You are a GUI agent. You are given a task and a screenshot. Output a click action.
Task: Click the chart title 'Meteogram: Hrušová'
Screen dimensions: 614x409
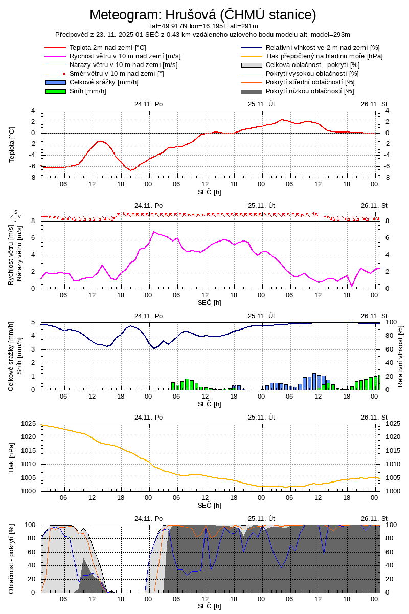203,14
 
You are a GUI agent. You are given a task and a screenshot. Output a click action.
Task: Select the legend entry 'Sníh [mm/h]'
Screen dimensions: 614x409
88,91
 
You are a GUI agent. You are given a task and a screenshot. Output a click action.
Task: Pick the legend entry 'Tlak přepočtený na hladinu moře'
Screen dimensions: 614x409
324,56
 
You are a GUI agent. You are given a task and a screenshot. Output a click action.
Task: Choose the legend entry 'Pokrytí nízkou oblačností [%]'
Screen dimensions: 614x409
310,91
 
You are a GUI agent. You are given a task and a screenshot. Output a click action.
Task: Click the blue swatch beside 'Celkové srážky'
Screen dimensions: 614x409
56,82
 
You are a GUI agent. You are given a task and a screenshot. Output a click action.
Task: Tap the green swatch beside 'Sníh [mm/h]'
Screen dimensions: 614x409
56,91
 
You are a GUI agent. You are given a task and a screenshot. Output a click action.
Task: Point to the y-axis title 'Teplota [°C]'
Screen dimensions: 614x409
12,144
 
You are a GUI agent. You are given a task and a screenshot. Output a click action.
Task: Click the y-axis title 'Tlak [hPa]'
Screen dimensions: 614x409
12,457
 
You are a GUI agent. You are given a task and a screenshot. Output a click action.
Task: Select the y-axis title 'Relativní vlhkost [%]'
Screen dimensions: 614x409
400,356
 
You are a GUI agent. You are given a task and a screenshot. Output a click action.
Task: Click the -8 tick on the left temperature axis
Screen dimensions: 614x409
32,177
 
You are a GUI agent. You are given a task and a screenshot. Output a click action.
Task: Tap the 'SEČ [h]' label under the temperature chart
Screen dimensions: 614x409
210,192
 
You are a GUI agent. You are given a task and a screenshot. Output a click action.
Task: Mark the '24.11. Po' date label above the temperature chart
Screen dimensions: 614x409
149,104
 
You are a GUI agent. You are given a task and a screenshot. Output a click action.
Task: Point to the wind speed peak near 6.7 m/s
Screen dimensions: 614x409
153,232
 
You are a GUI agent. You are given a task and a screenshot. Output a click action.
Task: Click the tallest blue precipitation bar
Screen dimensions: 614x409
314,381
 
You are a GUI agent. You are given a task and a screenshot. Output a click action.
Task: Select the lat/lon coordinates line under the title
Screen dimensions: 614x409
204,26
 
